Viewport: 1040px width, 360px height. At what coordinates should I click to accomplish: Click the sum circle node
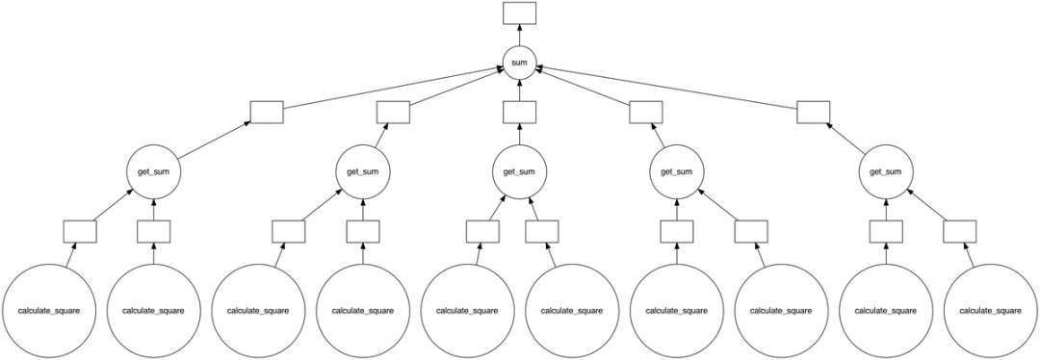point(519,63)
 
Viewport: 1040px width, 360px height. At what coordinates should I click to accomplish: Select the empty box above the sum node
point(519,13)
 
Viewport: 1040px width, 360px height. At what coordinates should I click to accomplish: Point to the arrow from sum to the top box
point(519,36)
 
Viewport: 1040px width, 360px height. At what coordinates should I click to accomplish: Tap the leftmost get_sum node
point(154,172)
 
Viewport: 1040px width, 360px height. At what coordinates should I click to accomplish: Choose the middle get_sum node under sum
point(519,172)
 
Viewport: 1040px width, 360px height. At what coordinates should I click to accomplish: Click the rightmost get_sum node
point(885,172)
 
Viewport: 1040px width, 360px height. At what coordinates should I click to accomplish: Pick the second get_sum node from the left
point(363,172)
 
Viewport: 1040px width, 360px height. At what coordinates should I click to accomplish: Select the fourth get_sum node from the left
point(676,172)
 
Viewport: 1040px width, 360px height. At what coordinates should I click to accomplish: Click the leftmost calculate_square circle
point(49,311)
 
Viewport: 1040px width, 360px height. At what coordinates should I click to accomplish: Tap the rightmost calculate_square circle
point(990,311)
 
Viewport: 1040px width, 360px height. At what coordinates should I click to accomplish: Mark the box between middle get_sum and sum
point(519,112)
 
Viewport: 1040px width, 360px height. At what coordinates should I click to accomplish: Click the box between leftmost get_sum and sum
point(266,112)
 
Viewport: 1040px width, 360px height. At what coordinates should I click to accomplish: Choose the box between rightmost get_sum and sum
point(813,112)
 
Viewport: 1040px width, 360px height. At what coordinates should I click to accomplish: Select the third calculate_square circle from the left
point(258,311)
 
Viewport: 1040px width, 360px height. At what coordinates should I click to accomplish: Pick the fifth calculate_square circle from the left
point(467,311)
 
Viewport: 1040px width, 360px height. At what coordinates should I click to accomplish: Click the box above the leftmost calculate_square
point(80,231)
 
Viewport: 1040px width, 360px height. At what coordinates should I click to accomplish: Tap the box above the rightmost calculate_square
point(959,231)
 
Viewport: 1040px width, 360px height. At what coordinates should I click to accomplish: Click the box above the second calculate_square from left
point(154,231)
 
